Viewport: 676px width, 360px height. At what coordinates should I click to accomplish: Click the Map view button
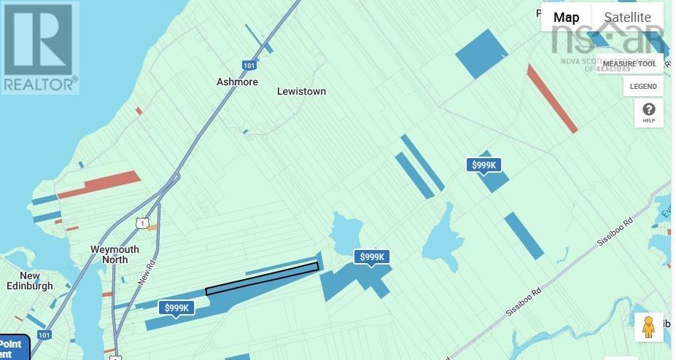(x=566, y=17)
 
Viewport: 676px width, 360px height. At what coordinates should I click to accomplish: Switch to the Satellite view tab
(x=627, y=17)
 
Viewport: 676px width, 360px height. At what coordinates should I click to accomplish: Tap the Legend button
(x=643, y=87)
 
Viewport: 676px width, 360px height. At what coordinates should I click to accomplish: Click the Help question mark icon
(x=648, y=113)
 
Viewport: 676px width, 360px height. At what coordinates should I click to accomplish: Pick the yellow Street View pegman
(x=648, y=327)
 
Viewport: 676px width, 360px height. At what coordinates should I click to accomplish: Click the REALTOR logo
(x=39, y=48)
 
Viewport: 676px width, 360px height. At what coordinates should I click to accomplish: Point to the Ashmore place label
(x=237, y=82)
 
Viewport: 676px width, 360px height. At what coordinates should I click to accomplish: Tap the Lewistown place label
(x=301, y=91)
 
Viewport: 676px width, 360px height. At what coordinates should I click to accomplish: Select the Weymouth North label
(x=114, y=254)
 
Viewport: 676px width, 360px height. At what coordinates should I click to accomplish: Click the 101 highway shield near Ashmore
(x=249, y=66)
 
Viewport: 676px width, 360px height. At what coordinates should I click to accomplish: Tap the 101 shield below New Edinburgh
(x=44, y=335)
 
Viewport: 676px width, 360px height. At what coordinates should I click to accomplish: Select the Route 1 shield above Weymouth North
(x=142, y=222)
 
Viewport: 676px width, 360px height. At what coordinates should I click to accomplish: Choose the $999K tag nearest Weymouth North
(x=177, y=308)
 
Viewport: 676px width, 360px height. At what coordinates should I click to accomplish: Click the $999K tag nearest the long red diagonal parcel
(x=484, y=165)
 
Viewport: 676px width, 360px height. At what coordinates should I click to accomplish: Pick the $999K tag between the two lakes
(x=372, y=257)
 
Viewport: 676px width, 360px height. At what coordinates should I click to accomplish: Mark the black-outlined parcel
(x=263, y=278)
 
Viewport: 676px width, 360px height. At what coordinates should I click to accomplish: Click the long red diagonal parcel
(x=552, y=98)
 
